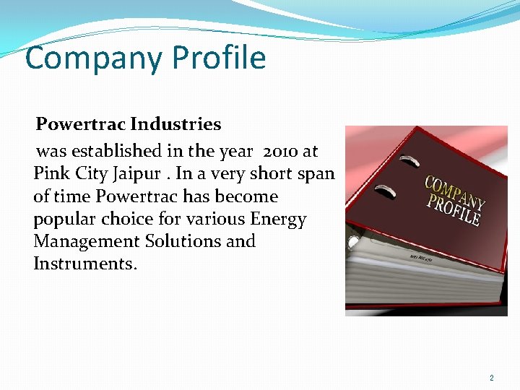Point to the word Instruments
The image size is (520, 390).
tap(84, 264)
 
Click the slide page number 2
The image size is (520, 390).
tap(492, 378)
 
